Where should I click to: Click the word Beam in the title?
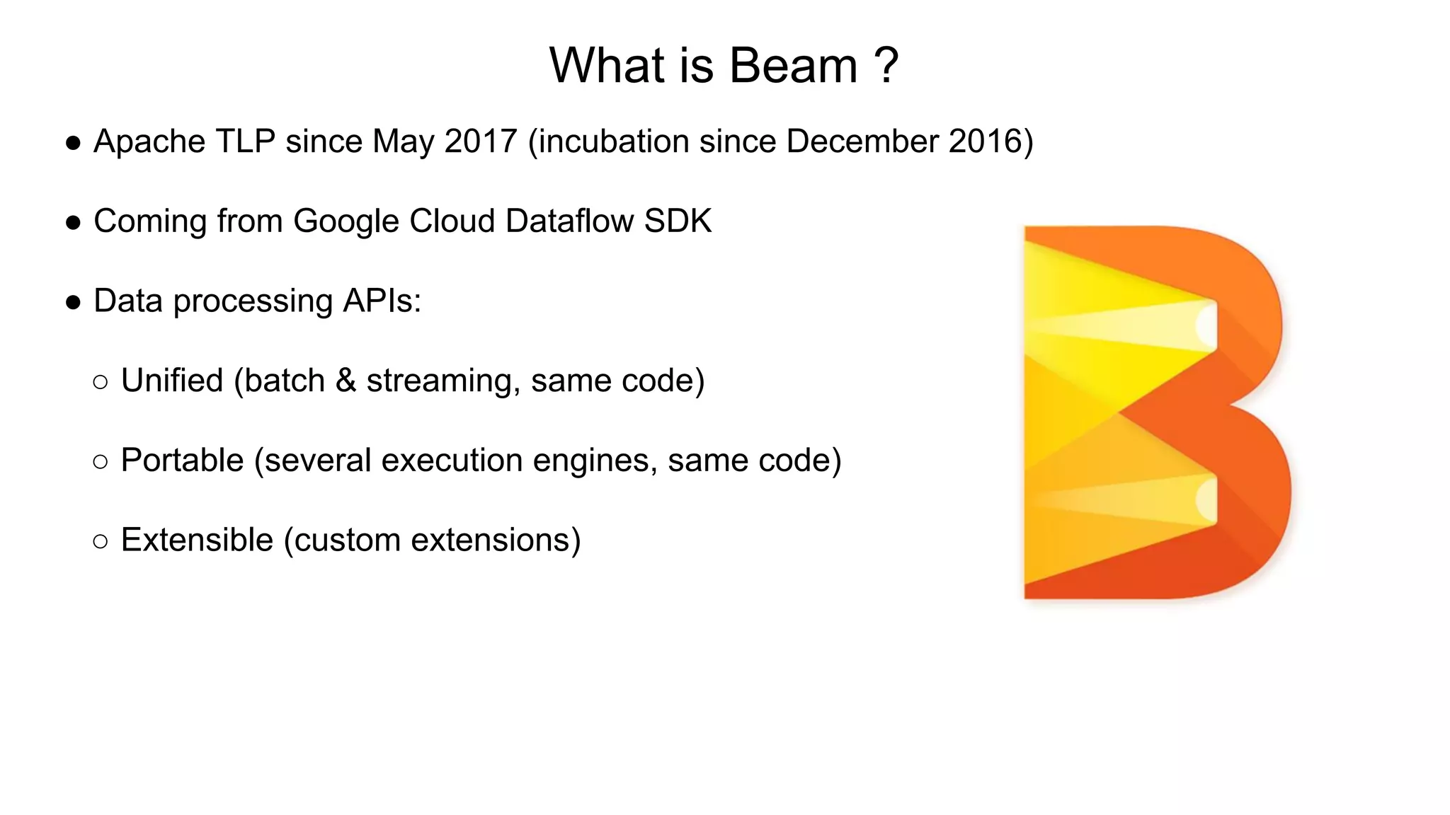click(x=793, y=66)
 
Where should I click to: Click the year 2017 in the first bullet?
click(x=481, y=141)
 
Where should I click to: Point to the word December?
click(x=862, y=141)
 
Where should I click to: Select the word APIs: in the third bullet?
click(x=382, y=301)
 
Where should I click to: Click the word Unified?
click(x=172, y=381)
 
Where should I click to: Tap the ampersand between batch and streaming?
click(x=346, y=381)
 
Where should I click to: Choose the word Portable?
click(x=182, y=461)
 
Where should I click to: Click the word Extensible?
click(x=197, y=541)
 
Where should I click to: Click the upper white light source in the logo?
click(x=1206, y=325)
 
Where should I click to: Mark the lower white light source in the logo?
click(x=1206, y=499)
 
